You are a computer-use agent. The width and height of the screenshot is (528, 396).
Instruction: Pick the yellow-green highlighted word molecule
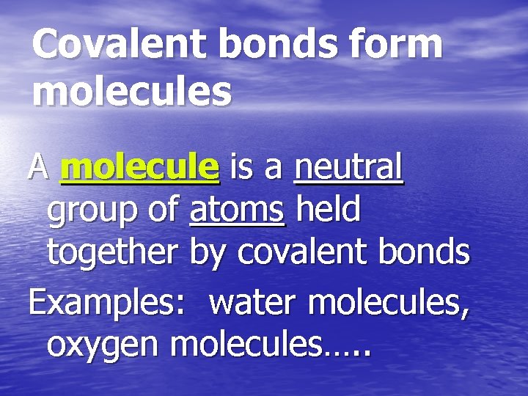[x=140, y=169]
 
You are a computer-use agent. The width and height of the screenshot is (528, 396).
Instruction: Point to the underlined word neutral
[x=349, y=169]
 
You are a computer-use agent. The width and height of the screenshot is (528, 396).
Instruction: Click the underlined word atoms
[x=237, y=211]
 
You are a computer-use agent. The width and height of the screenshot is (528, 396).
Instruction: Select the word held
[x=328, y=211]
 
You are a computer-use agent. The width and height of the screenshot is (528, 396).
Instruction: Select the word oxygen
[x=103, y=345]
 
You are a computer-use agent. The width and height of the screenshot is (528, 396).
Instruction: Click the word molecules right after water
[x=389, y=302]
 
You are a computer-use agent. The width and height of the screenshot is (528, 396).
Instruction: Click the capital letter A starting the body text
[x=38, y=169]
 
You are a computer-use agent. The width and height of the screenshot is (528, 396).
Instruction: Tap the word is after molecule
[x=240, y=169]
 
